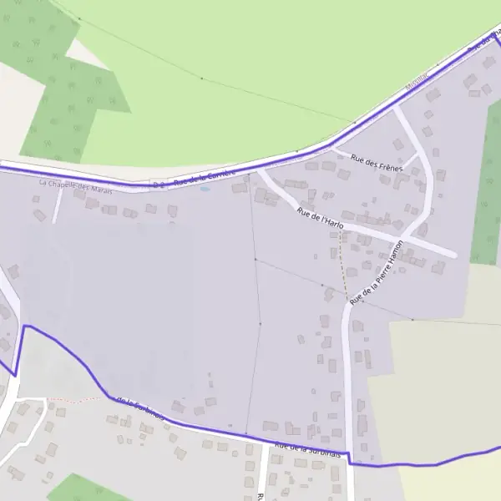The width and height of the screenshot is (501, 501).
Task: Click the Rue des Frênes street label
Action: (377, 163)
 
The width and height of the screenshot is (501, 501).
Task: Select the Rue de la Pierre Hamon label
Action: (377, 271)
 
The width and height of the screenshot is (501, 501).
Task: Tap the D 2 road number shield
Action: (159, 183)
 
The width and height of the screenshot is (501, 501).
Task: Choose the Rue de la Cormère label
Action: (205, 175)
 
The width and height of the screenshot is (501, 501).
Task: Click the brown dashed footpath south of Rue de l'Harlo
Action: (341, 267)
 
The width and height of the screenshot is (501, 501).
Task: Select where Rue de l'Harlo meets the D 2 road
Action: (258, 170)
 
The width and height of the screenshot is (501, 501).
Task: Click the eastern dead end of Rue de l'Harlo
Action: (455, 254)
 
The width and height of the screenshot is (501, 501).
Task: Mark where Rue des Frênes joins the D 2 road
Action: (335, 148)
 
